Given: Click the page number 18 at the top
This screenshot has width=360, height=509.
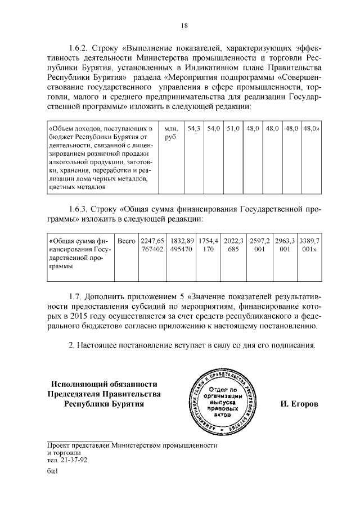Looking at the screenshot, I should pos(184,25).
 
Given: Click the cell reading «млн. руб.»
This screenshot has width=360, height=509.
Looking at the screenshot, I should pos(171,133).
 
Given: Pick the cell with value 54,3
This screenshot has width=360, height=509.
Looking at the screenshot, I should pos(193,129).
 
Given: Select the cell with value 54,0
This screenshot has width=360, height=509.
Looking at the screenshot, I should pos(213,129).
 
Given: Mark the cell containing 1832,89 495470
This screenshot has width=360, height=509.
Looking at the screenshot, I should pos(182,245).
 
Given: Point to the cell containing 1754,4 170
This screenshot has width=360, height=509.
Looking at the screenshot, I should pos(209,245).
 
